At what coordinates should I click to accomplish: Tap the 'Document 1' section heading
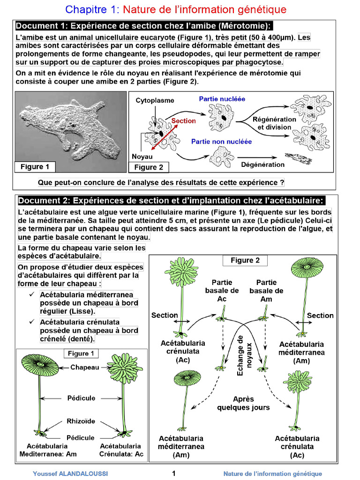pyautogui.click(x=144, y=26)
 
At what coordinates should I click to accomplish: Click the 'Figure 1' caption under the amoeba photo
pyautogui.click(x=35, y=166)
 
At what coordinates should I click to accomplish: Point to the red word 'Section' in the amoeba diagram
pyautogui.click(x=183, y=121)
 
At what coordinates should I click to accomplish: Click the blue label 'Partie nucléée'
pyautogui.click(x=222, y=99)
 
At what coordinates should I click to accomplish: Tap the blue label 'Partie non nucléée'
pyautogui.click(x=221, y=141)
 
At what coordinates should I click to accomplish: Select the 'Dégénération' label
pyautogui.click(x=262, y=165)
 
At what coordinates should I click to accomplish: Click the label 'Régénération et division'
pyautogui.click(x=274, y=123)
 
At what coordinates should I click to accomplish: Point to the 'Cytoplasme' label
pyautogui.click(x=155, y=100)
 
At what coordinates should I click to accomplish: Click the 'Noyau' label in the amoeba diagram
pyautogui.click(x=142, y=157)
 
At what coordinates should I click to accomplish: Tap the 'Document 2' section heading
pyautogui.click(x=171, y=201)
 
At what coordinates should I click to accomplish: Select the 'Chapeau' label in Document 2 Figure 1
pyautogui.click(x=85, y=367)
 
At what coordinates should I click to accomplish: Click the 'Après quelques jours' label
pyautogui.click(x=243, y=403)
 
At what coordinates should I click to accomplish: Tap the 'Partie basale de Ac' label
pyautogui.click(x=222, y=291)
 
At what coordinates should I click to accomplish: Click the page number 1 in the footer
pyautogui.click(x=174, y=473)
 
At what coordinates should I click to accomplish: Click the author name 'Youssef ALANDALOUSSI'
pyautogui.click(x=70, y=474)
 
